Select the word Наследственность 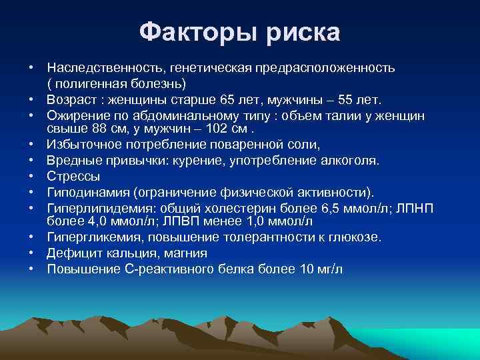point(106,68)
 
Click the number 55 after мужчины point(345,100)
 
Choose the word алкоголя point(351,161)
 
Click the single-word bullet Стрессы point(73,177)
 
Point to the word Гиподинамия point(89,193)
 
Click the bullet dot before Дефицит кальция point(31,253)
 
